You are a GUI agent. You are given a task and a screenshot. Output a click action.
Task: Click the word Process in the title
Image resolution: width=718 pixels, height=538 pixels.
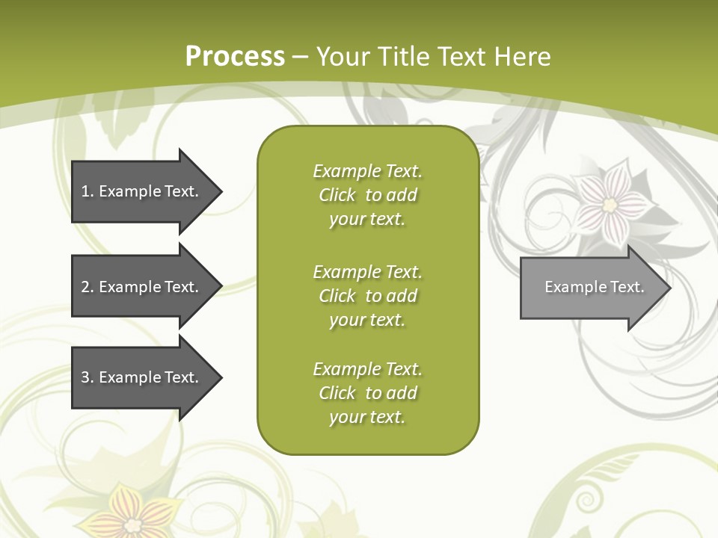pos(235,56)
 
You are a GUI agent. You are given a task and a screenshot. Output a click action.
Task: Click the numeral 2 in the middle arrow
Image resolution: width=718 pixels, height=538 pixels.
pos(85,287)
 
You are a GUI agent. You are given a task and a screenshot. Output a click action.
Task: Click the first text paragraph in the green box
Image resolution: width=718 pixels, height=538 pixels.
pos(367,195)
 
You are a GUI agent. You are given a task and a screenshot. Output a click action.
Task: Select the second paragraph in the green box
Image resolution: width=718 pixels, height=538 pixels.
pos(367,296)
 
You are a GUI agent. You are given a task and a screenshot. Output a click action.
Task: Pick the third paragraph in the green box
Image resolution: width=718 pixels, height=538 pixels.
pos(367,393)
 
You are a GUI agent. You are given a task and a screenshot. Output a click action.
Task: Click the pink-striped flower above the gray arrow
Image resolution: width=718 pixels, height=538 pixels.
pos(610,202)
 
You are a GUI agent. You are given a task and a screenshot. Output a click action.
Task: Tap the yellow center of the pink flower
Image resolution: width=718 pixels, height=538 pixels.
pos(610,203)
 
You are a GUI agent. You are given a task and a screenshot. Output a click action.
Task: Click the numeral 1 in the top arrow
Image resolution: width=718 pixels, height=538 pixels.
pos(85,191)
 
